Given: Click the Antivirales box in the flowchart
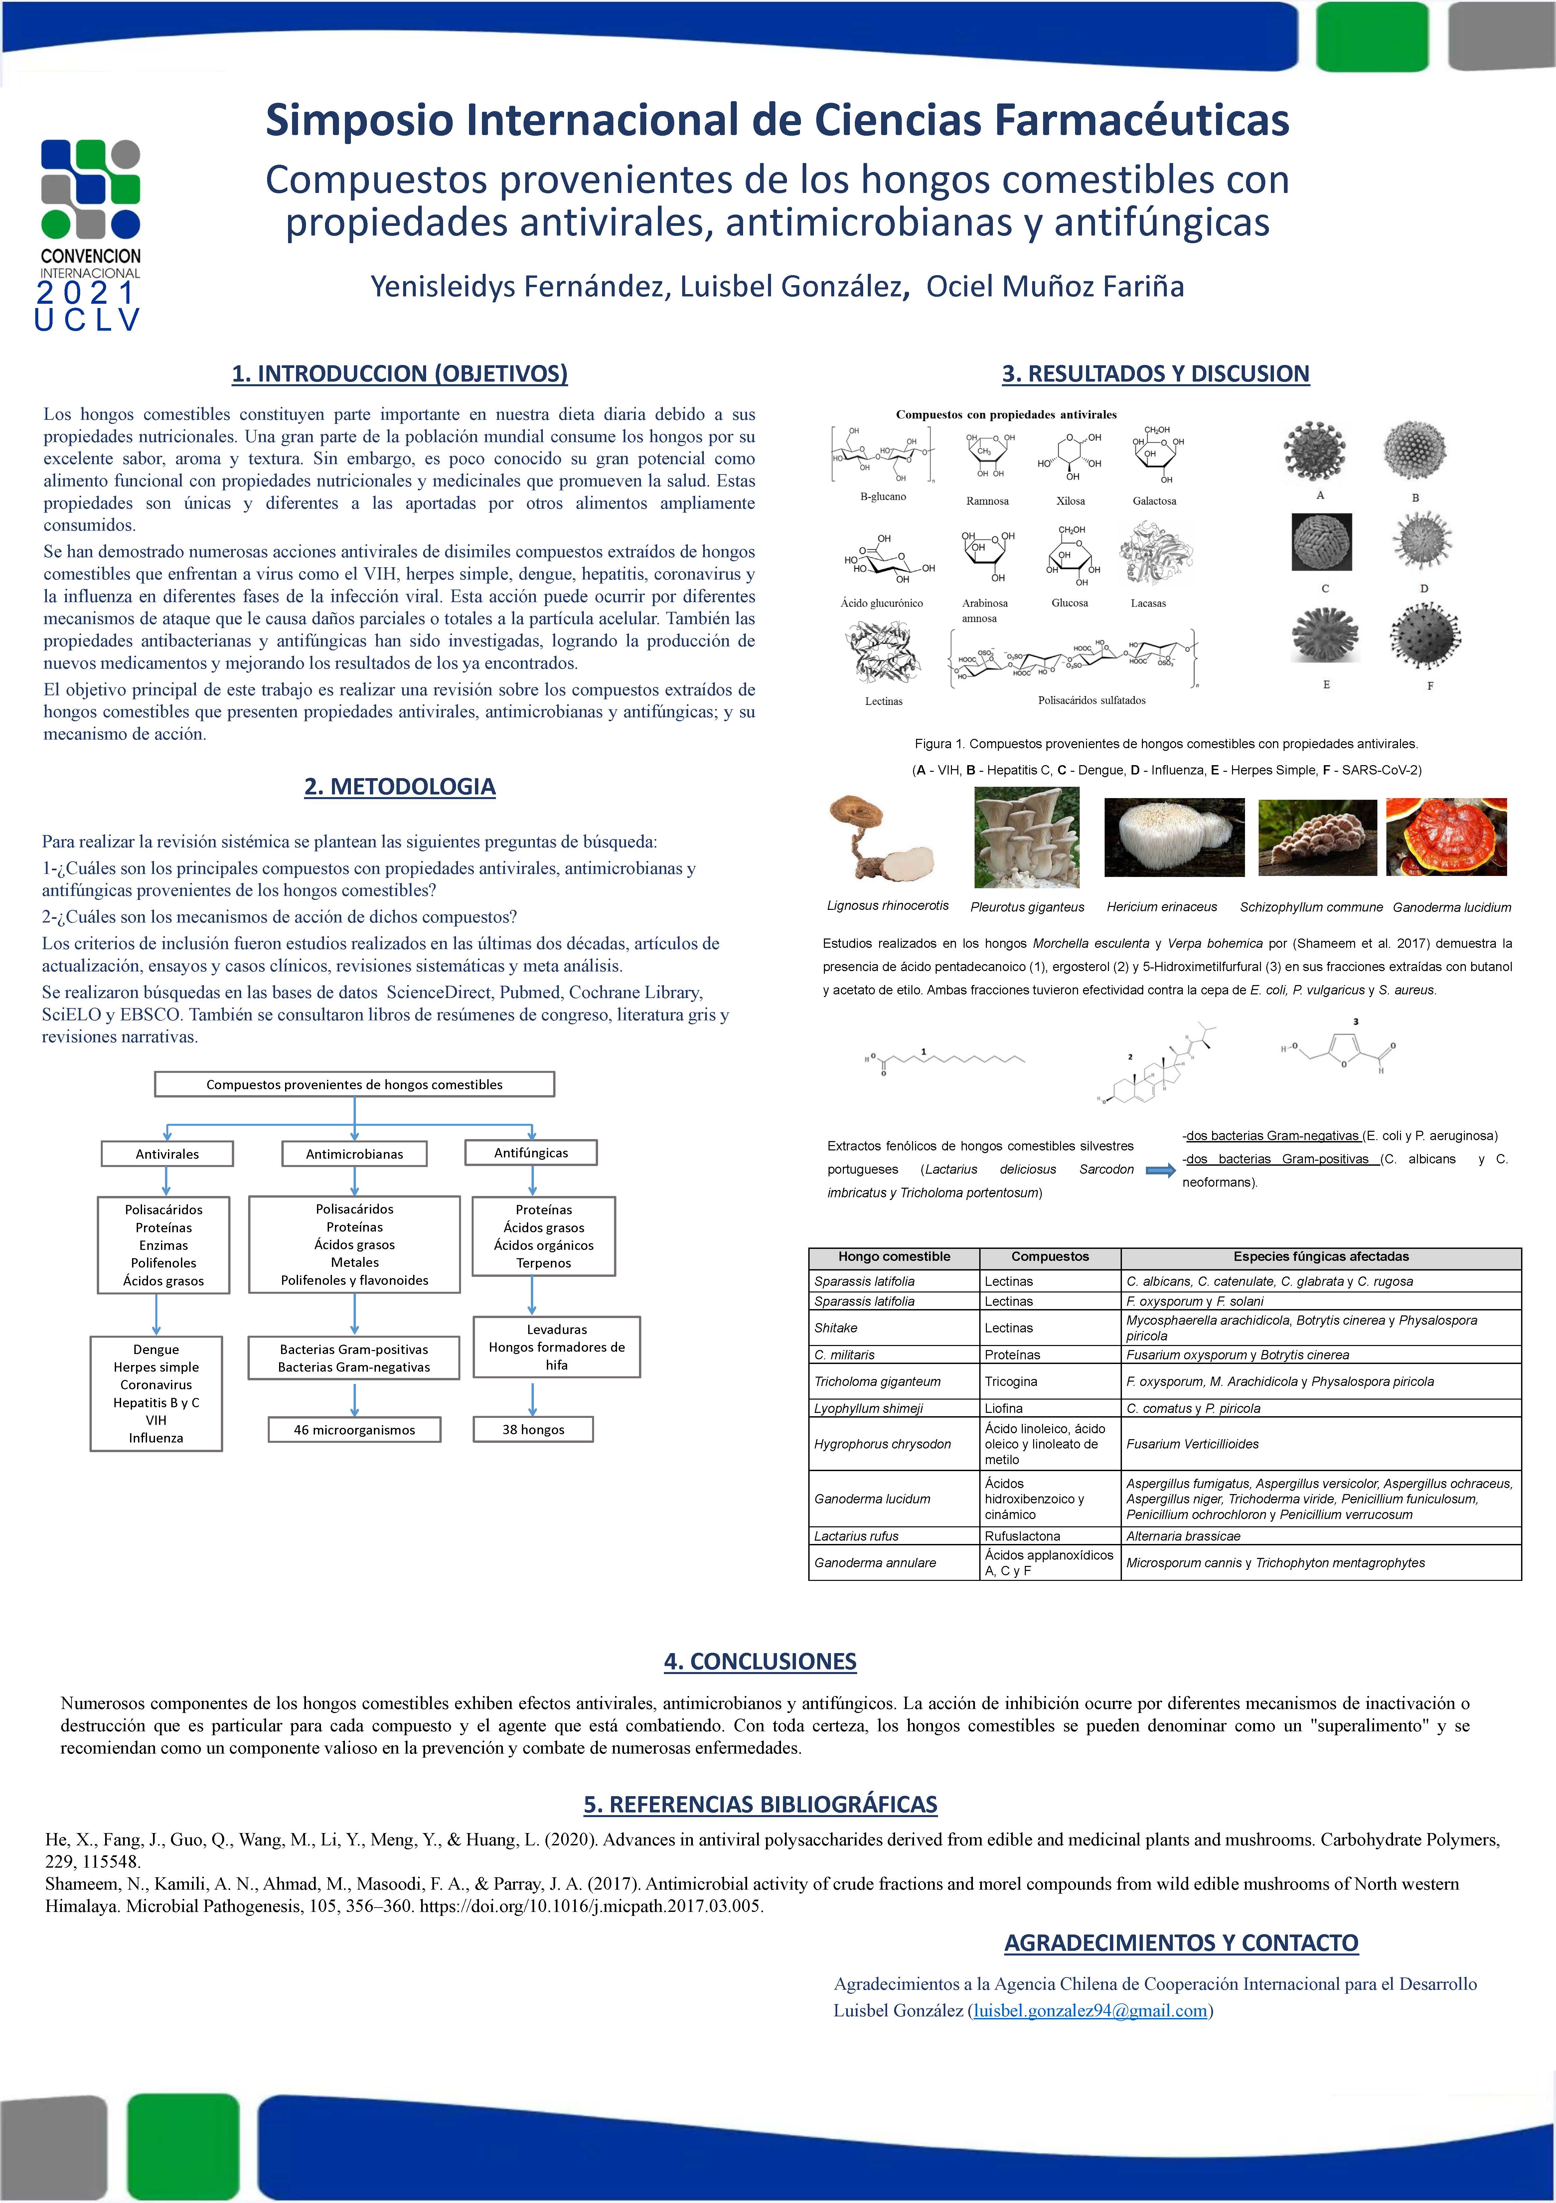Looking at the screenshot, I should coord(167,1153).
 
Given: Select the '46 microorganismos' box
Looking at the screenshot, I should coord(354,1430).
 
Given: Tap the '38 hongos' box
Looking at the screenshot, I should coord(534,1430).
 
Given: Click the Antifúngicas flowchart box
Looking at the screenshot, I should coord(531,1152).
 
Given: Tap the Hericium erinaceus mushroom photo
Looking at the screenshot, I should coord(1174,838).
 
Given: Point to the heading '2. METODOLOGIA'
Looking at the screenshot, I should coord(400,787).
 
